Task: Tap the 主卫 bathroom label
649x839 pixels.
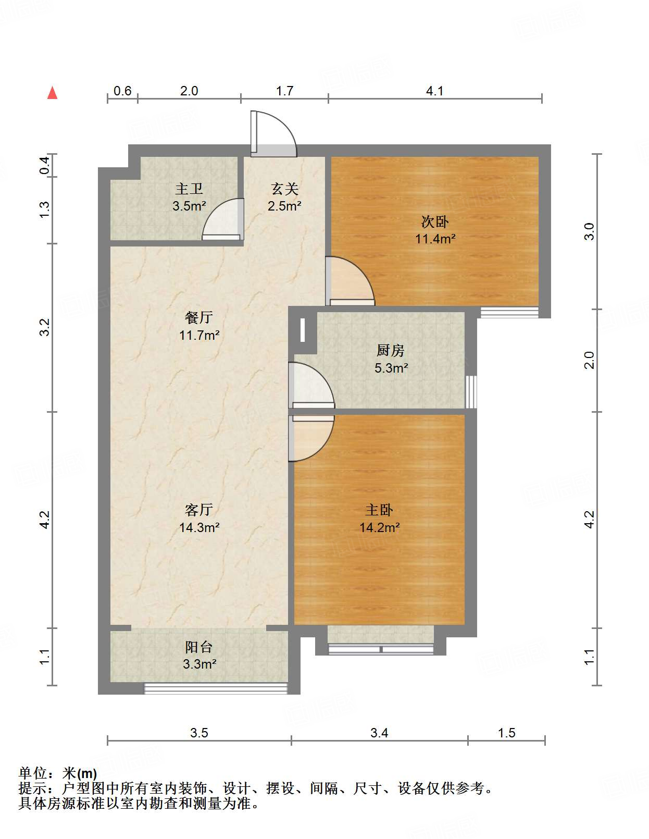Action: [x=189, y=189]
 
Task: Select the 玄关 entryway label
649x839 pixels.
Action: [x=284, y=189]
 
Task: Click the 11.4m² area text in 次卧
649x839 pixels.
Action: [x=435, y=239]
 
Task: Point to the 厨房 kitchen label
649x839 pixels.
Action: [x=391, y=351]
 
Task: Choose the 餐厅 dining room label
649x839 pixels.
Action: [x=199, y=317]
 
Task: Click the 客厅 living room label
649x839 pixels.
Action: [x=199, y=510]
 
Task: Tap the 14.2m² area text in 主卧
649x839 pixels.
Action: [x=379, y=527]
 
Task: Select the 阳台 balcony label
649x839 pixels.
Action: [x=199, y=647]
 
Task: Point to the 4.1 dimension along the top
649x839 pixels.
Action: [x=435, y=91]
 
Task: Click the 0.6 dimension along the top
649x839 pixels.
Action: [x=122, y=91]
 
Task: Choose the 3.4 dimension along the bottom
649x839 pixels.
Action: [x=379, y=733]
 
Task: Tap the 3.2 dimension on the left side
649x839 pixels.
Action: [x=45, y=327]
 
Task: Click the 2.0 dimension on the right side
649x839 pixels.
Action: [x=589, y=360]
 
